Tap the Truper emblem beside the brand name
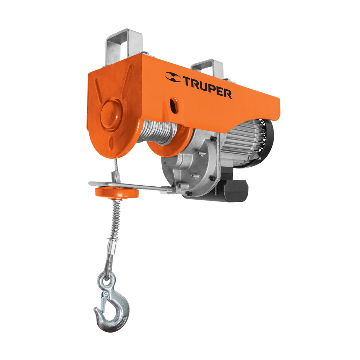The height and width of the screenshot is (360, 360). click(x=173, y=77)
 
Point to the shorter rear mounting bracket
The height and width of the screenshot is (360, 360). click(x=207, y=69)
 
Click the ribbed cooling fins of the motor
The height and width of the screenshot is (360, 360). click(x=243, y=141)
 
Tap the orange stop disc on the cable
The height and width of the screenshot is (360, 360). click(x=116, y=192)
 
